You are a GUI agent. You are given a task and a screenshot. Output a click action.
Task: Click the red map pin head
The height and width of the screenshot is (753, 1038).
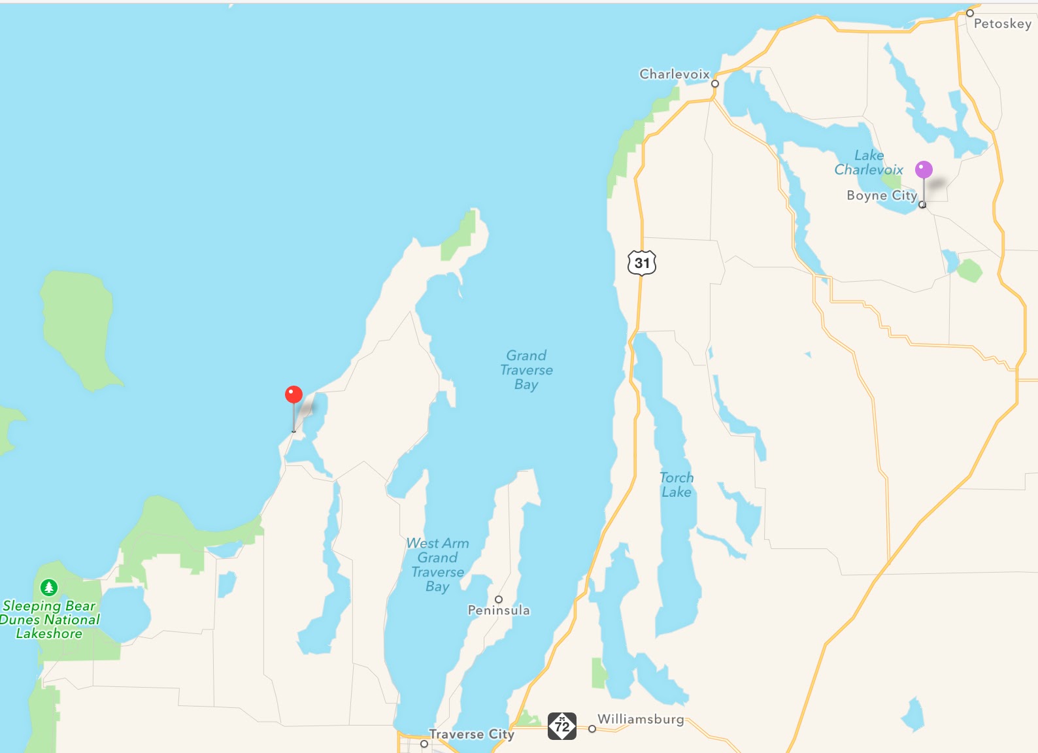click(x=294, y=394)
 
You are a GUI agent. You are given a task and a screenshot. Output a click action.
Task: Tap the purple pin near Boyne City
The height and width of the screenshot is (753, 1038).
click(x=924, y=170)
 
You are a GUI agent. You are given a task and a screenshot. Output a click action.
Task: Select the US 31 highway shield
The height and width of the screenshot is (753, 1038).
click(x=642, y=263)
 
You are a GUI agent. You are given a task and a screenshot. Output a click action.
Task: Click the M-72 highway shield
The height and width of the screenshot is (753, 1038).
click(x=562, y=726)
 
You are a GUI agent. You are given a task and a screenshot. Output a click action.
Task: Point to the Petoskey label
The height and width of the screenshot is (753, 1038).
click(x=1002, y=24)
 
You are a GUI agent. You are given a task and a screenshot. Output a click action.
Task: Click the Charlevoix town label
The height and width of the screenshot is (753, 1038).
click(x=674, y=74)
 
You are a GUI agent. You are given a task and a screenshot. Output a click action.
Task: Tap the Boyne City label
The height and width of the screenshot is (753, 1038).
click(x=881, y=195)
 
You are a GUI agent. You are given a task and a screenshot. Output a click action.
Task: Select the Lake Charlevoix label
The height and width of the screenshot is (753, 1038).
click(x=869, y=163)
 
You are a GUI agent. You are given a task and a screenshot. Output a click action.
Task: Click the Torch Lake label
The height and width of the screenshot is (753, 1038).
click(x=677, y=484)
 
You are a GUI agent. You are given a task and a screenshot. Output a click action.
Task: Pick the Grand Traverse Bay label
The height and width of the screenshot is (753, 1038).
click(x=526, y=370)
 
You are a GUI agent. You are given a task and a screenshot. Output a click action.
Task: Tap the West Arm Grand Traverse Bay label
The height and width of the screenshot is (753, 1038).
click(x=437, y=565)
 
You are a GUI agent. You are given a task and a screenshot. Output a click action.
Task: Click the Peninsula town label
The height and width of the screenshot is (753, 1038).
click(x=499, y=611)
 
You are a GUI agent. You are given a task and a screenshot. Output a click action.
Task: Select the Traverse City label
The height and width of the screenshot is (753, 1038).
click(x=471, y=734)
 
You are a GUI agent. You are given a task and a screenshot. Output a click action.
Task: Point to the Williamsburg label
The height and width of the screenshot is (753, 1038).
click(x=641, y=719)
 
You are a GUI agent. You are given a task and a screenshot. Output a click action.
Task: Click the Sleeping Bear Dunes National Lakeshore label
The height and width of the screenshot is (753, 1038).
click(x=50, y=620)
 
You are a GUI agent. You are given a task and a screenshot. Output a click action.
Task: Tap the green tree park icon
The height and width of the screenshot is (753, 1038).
click(x=49, y=587)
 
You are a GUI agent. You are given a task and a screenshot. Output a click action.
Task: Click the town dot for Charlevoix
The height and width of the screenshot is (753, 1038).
click(x=715, y=84)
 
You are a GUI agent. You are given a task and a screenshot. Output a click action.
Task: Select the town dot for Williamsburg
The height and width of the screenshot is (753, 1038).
click(x=592, y=729)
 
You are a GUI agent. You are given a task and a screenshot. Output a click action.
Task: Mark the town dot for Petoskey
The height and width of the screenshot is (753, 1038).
click(x=970, y=13)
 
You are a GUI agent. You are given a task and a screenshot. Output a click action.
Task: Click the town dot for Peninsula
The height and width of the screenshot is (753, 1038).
click(x=499, y=599)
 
